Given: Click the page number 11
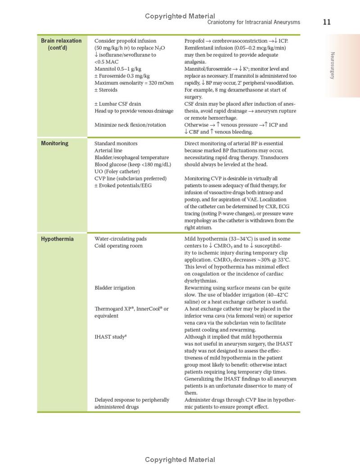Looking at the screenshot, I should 327,22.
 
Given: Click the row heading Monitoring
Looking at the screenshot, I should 54,143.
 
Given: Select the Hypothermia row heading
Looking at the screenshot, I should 57,239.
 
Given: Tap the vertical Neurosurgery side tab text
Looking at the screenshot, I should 333,66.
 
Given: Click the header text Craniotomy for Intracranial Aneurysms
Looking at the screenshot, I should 253,22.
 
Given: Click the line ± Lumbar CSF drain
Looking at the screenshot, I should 117,104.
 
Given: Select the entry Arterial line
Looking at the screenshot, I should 108,151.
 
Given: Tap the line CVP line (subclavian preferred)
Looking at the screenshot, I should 130,179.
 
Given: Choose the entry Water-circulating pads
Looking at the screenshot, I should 121,239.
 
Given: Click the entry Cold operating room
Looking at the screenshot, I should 118,246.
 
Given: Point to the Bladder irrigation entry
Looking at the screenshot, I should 115,288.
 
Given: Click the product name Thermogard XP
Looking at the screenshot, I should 113,309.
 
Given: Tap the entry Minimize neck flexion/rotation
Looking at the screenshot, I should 130,125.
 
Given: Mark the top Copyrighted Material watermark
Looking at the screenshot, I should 180,16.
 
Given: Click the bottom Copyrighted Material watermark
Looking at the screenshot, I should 180,460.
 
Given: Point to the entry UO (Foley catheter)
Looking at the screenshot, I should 117,171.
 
